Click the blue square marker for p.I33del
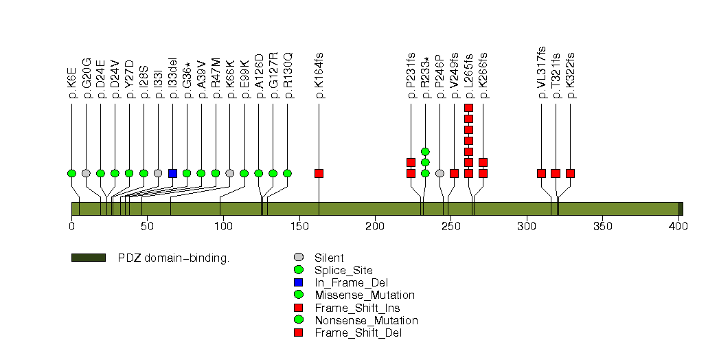[x=172, y=173]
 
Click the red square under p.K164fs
[x=319, y=173]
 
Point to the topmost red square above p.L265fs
[x=468, y=108]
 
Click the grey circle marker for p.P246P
[x=440, y=173]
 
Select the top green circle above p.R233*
[x=425, y=151]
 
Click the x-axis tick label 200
[x=375, y=226]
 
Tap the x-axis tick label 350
[x=602, y=226]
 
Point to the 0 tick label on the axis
[x=71, y=226]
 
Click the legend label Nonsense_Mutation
[x=366, y=320]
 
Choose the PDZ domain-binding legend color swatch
[x=88, y=258]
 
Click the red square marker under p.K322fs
[x=570, y=173]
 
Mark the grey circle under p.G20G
[x=86, y=173]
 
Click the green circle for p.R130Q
[x=287, y=173]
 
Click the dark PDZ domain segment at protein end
[x=681, y=209]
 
